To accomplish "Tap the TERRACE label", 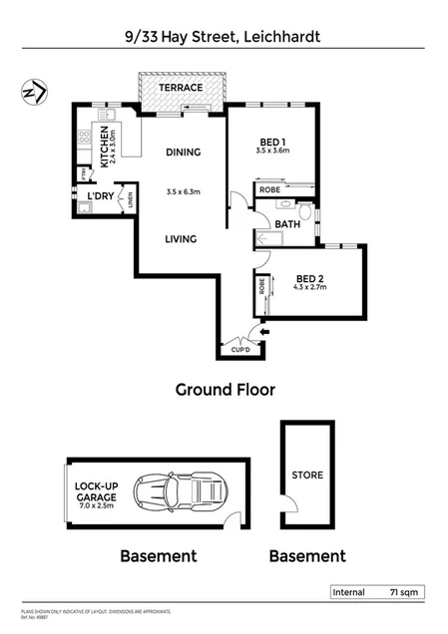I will (x=182, y=88).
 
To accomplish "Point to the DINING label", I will (x=184, y=153).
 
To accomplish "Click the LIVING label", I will (x=181, y=239).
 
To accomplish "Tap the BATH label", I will (x=287, y=224).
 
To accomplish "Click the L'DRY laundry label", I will (x=101, y=196).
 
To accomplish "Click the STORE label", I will (x=307, y=475).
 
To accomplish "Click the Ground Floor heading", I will (x=224, y=390).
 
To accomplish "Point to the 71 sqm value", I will (x=403, y=592).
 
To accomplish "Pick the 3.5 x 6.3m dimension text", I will (x=183, y=192).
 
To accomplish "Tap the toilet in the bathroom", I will (x=304, y=211).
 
